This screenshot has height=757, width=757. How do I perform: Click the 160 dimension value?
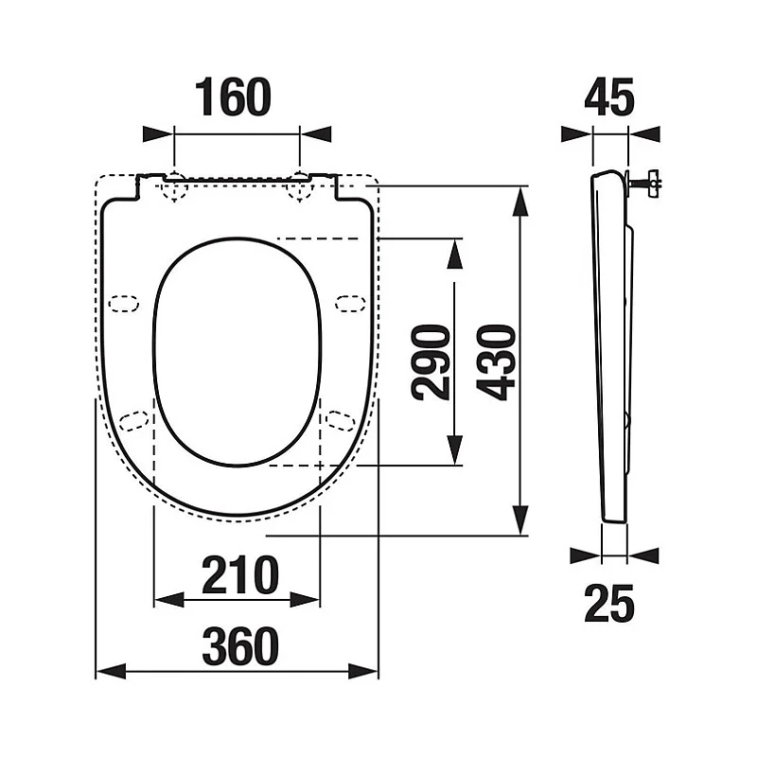(233, 97)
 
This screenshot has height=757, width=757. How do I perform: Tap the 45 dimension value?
(608, 97)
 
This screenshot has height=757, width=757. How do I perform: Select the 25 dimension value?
(608, 603)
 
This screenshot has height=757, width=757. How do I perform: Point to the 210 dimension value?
(240, 575)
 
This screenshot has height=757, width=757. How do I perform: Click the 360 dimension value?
(240, 646)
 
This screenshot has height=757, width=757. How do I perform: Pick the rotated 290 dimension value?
(431, 362)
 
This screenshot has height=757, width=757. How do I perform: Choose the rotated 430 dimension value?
(496, 362)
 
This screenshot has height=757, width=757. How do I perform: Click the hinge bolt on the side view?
(644, 183)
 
